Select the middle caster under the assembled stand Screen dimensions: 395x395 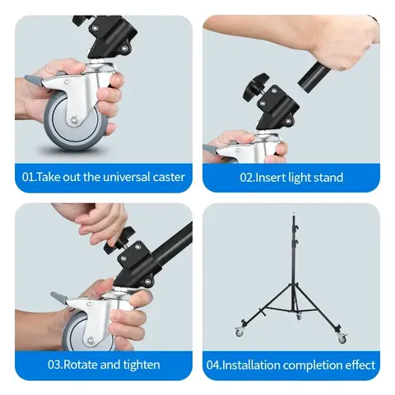click(x=299, y=316)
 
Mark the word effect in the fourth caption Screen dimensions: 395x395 click(x=359, y=364)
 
